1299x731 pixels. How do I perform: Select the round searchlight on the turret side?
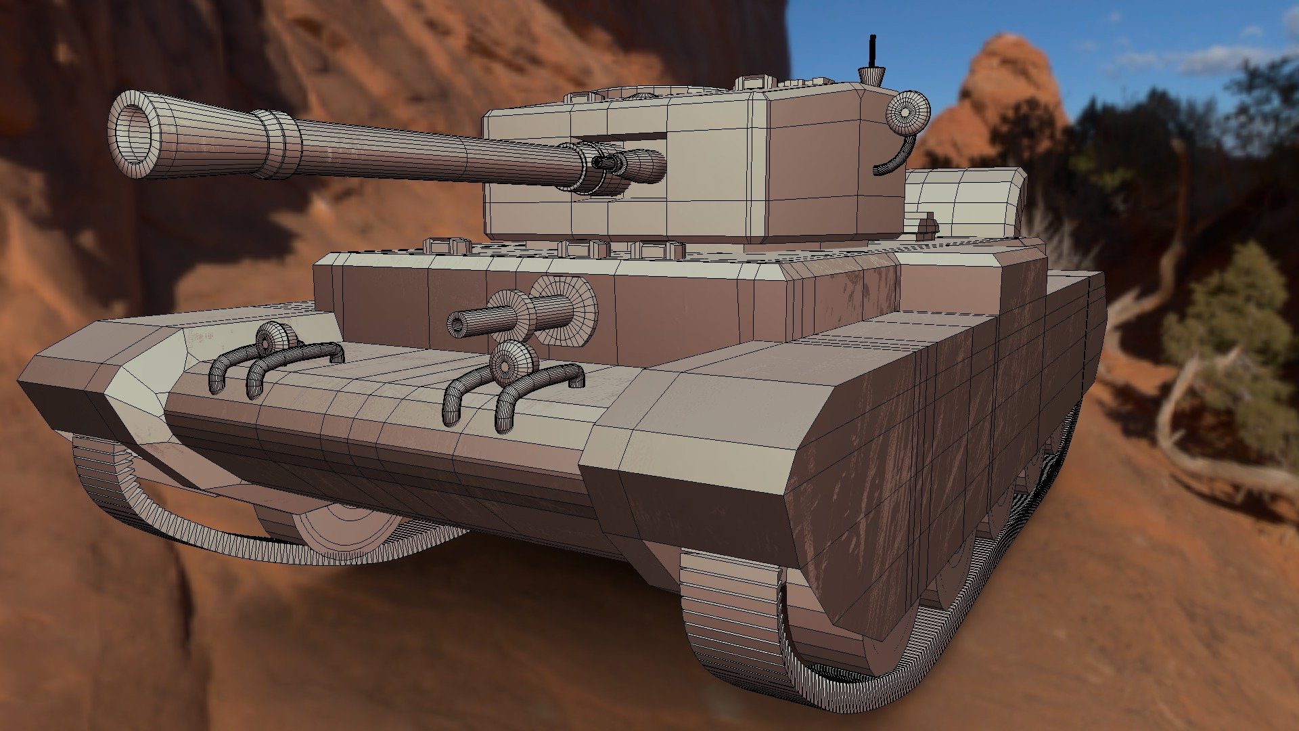click(907, 112)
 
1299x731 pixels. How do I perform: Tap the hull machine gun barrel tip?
click(457, 326)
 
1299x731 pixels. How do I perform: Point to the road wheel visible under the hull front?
click(345, 528)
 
